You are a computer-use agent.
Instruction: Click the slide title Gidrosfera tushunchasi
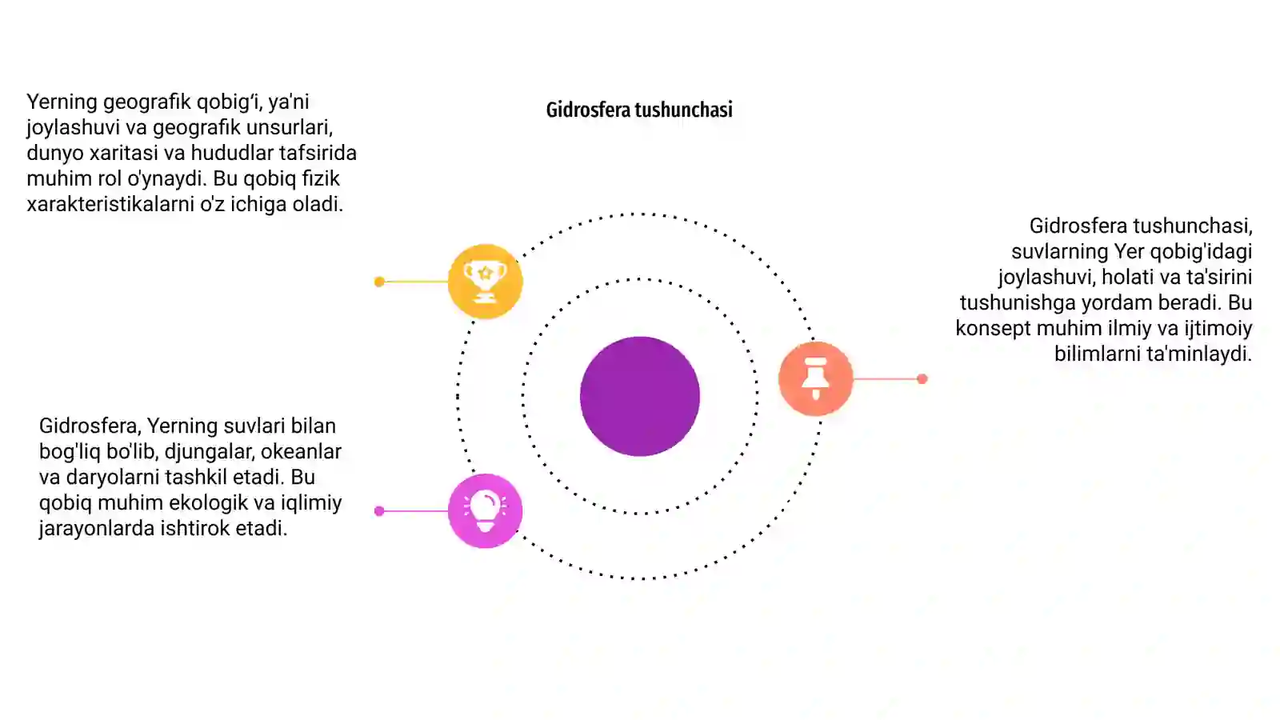(x=639, y=110)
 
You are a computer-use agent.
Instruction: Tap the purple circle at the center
(x=639, y=396)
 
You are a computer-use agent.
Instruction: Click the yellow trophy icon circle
(x=485, y=281)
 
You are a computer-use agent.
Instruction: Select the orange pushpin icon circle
(x=815, y=378)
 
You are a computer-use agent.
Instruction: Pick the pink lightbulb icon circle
(x=485, y=511)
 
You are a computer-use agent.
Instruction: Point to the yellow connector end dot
(x=379, y=281)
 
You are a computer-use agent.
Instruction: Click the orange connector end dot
(x=922, y=378)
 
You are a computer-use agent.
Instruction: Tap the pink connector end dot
(x=379, y=511)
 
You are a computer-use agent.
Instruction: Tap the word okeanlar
(x=301, y=451)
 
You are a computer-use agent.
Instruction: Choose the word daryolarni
(x=113, y=478)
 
